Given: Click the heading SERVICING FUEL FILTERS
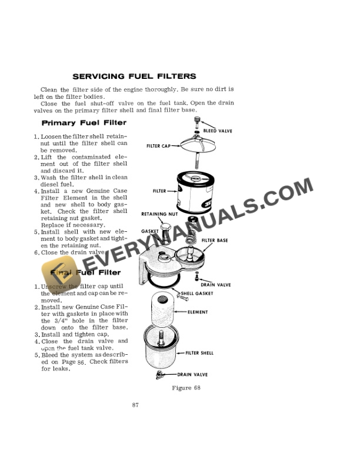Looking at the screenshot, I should click(134, 76).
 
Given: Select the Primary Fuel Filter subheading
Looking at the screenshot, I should click(84, 123).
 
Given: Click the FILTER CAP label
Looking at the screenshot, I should click(158, 145).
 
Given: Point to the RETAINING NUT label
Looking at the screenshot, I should click(160, 214).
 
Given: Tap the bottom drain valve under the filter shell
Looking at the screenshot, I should click(159, 374).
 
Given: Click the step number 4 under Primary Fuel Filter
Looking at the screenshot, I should click(36, 191).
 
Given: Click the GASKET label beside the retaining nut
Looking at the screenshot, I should click(149, 231).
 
